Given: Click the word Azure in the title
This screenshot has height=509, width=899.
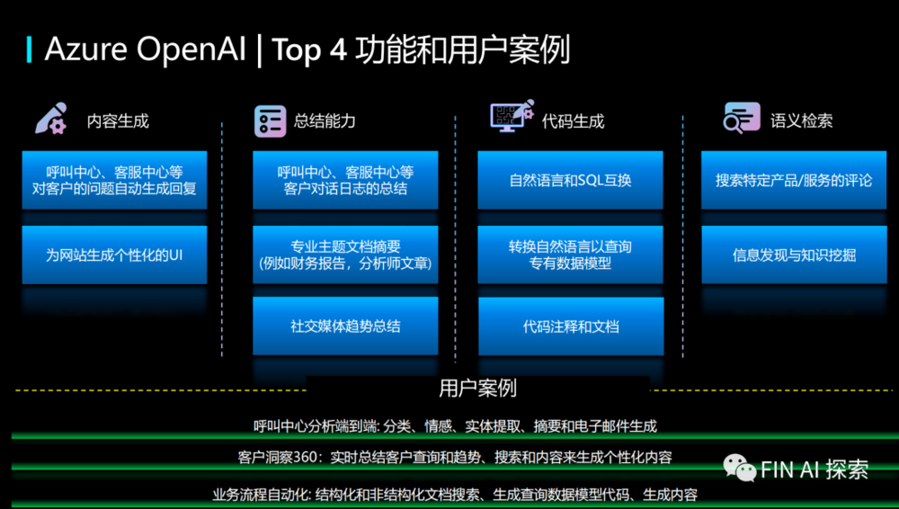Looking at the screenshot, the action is tap(85, 49).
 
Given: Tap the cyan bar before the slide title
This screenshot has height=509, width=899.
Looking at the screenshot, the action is tap(29, 49).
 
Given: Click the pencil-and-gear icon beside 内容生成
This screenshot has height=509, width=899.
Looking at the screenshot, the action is tap(51, 119).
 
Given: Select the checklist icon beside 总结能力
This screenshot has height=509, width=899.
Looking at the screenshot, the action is tap(270, 121).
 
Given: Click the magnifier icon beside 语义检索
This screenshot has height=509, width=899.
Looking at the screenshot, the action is tap(742, 118).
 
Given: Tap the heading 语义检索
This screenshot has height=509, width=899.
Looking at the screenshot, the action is tap(801, 121).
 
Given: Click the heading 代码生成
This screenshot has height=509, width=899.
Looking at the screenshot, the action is tap(573, 121).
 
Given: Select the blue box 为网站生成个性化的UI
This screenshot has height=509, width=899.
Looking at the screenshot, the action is tap(115, 254).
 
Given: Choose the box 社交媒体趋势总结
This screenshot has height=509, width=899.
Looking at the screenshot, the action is tap(345, 326).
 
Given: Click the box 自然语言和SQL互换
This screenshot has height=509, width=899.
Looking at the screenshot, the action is tap(571, 180).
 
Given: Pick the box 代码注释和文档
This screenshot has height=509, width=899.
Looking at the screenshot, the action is tap(571, 326).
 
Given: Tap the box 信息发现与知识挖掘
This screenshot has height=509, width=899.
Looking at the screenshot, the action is tap(794, 254).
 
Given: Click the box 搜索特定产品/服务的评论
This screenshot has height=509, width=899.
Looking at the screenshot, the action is tap(794, 180).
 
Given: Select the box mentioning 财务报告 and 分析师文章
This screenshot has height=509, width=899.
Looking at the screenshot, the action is tap(345, 254).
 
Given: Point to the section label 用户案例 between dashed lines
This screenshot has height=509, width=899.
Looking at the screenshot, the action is tap(477, 388).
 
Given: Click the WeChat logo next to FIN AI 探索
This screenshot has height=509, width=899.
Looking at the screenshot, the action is tap(740, 469).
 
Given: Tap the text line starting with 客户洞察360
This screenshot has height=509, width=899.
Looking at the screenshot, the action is tap(455, 458).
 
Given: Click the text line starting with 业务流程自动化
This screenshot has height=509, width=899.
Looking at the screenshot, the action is tap(455, 495).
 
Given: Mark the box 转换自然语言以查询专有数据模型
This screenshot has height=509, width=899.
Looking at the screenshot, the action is tap(571, 254).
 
